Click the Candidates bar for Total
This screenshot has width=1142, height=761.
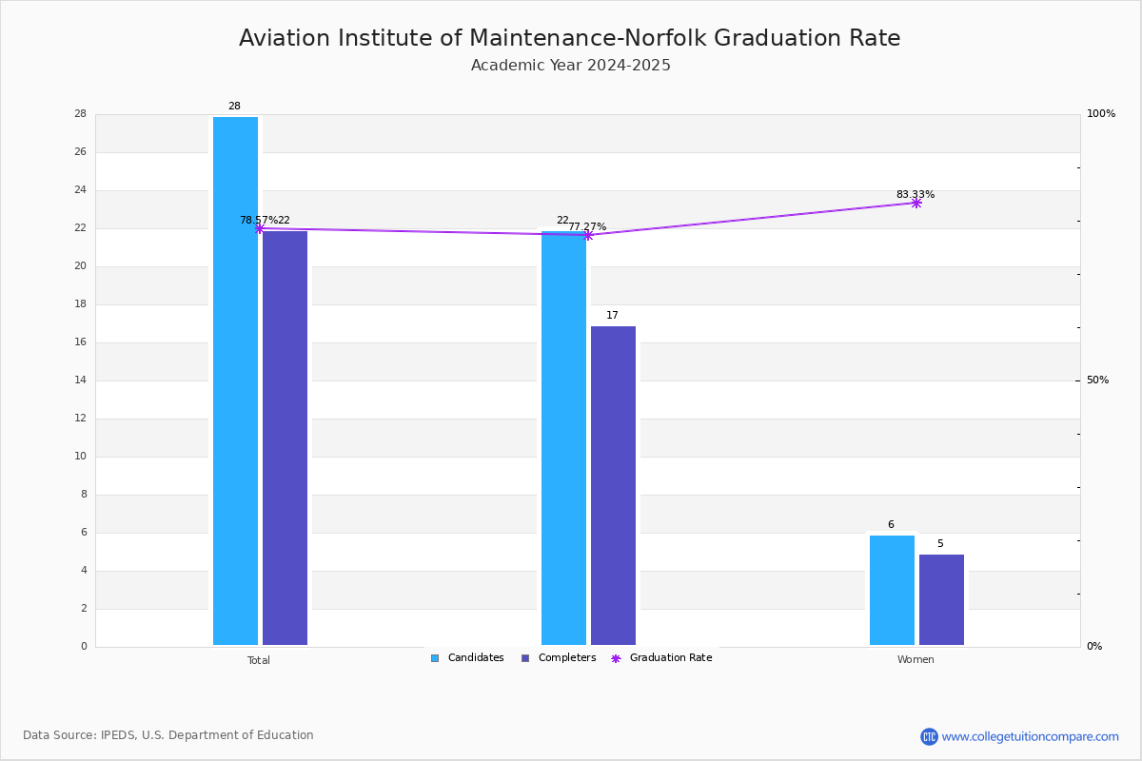pos(235,380)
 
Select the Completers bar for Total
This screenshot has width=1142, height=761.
pos(285,438)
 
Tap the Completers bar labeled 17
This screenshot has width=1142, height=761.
pos(613,485)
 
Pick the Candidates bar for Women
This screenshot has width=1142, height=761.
pos(892,590)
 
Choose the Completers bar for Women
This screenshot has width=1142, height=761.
pos(941,599)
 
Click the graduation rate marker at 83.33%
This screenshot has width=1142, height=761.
pos(916,204)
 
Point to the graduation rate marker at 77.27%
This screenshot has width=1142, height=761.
pos(588,236)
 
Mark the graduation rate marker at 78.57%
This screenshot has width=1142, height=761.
pos(260,228)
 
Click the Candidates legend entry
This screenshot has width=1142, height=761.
pos(467,658)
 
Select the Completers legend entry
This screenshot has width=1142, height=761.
pos(559,658)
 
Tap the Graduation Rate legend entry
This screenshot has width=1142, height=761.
pos(661,658)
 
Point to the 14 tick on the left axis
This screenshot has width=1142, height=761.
pos(81,380)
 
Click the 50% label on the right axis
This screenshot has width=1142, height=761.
pos(1097,380)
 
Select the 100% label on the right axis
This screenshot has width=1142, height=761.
pos(1101,113)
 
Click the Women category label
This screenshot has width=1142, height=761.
pos(916,659)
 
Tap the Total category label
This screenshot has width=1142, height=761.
pos(259,660)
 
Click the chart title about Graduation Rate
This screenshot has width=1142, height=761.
pos(569,38)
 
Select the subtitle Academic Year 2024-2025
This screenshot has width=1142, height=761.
pos(570,66)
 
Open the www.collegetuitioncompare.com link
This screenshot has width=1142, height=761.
pos(1030,736)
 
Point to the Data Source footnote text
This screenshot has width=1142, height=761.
pos(168,735)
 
